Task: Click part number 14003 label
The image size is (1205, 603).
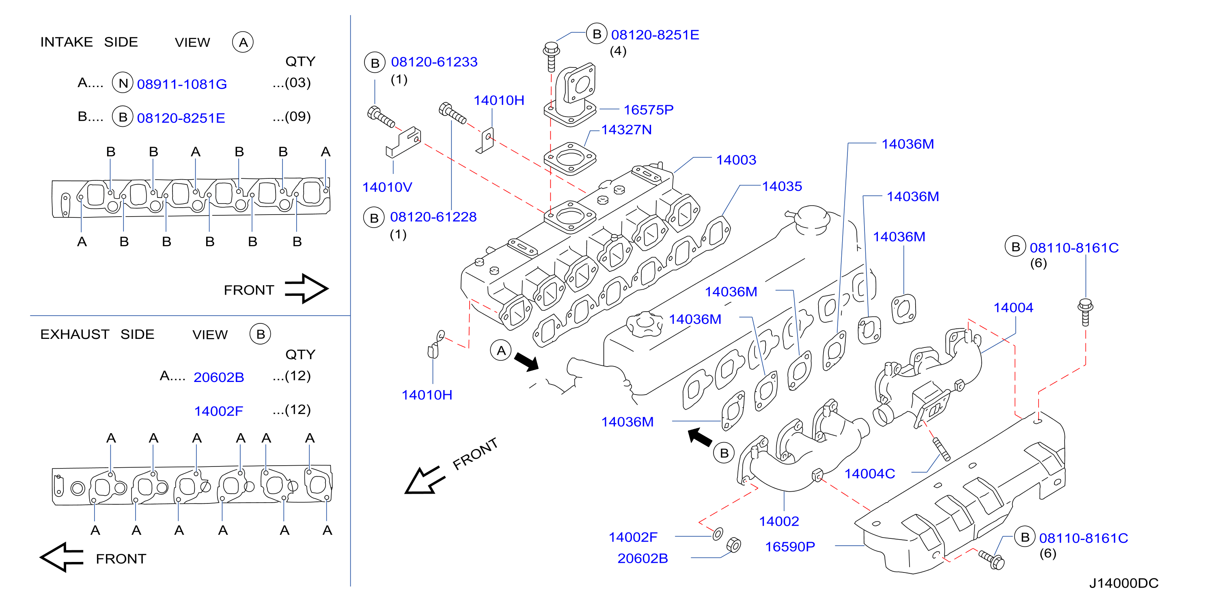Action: point(736,160)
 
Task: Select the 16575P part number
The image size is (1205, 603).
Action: point(648,110)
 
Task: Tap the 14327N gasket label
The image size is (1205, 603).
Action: point(626,130)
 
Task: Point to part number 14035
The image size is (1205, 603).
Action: point(782,187)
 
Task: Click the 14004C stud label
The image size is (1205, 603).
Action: point(870,474)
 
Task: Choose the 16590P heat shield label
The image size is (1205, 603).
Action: point(790,547)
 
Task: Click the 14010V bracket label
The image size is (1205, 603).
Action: point(387,187)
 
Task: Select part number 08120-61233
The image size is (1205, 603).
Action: point(434,62)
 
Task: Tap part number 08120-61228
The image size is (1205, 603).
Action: point(433,217)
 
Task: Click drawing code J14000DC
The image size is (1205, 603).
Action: point(1123,583)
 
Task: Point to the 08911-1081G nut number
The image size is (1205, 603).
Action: point(182,84)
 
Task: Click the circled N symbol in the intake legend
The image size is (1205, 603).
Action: point(123,83)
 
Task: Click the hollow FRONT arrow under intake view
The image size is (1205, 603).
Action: point(306,288)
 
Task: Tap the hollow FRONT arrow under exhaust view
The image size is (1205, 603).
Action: point(62,557)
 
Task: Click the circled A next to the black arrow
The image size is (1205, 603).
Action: point(501,350)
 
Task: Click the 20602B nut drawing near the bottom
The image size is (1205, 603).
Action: point(733,545)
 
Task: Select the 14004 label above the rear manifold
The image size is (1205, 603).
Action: point(1013,308)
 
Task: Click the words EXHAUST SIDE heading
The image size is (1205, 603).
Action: point(97,334)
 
